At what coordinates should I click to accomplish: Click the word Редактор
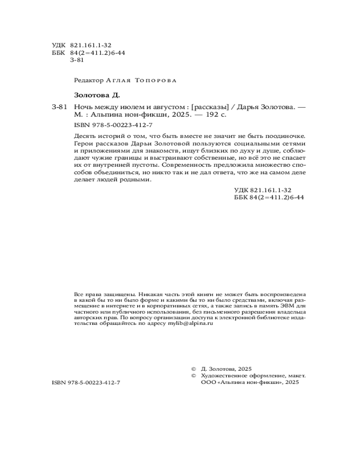[x=88, y=80]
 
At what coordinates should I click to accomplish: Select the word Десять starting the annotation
[x=84, y=136]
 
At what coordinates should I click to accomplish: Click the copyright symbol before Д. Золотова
[x=194, y=368]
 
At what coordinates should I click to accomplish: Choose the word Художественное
[x=224, y=375]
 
